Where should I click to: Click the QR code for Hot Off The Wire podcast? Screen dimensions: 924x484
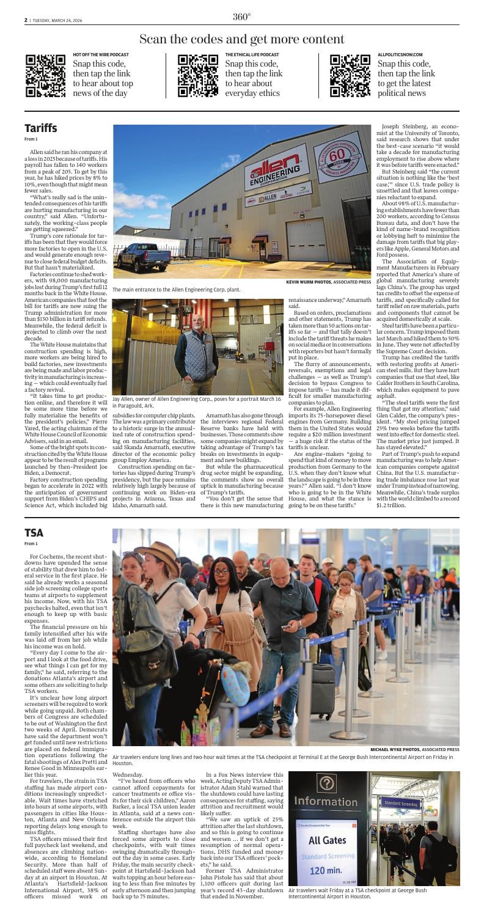click(x=46, y=76)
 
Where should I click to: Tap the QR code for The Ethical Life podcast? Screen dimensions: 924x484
click(x=197, y=76)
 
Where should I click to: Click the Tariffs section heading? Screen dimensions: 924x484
click(x=40, y=128)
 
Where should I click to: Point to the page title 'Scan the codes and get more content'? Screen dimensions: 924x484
click(x=241, y=39)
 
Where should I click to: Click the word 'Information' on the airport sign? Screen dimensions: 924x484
click(x=327, y=801)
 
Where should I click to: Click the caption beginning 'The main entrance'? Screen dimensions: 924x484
click(x=177, y=289)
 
